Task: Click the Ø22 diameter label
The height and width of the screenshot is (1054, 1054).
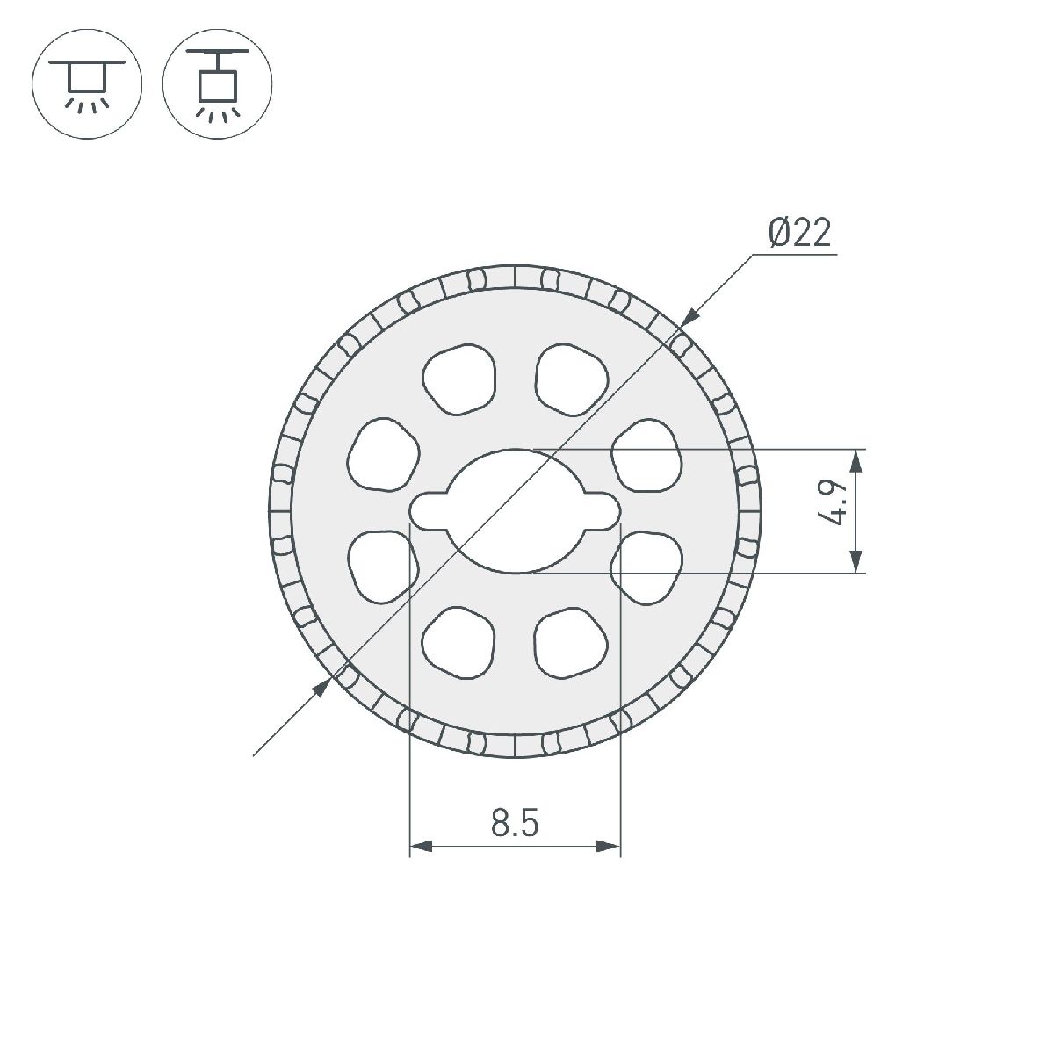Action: [x=798, y=234]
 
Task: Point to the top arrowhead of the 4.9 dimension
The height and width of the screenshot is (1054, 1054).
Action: [x=856, y=461]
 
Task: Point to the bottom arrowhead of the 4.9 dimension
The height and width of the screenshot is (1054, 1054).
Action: [x=856, y=561]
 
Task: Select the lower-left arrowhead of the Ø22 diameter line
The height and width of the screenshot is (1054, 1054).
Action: [x=322, y=686]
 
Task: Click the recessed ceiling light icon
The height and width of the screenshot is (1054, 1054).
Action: [x=86, y=85]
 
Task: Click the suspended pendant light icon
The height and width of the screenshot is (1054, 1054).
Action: [x=218, y=85]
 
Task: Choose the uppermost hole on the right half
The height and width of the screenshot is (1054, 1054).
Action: [x=573, y=379]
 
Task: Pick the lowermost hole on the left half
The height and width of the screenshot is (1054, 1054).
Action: [x=457, y=643]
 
